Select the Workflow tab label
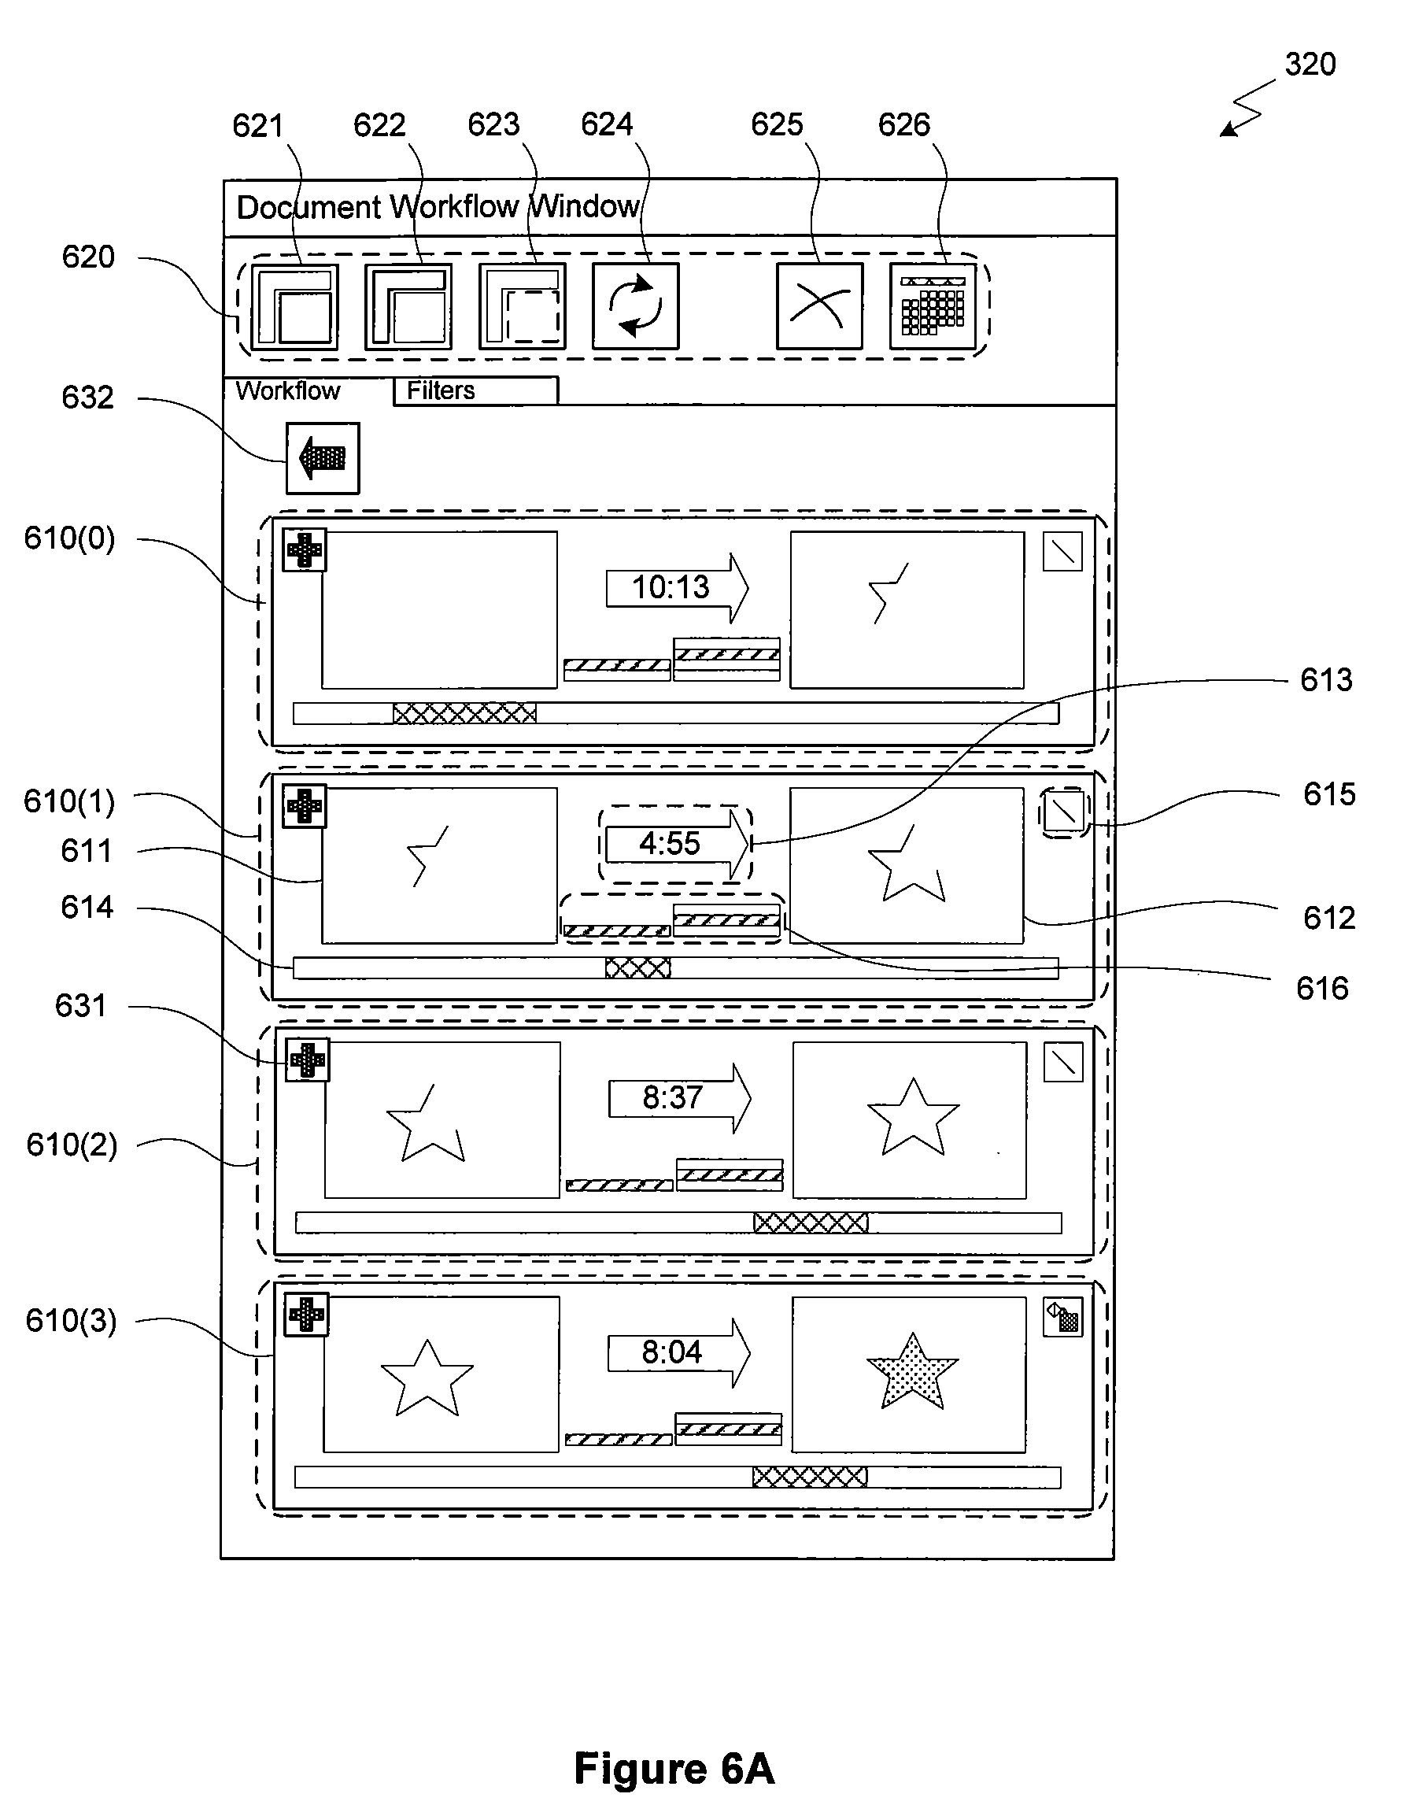click(x=288, y=390)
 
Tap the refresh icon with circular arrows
click(x=635, y=306)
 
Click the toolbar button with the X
click(x=819, y=306)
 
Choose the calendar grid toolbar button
click(x=933, y=306)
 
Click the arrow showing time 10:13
click(x=677, y=588)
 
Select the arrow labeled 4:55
click(x=677, y=844)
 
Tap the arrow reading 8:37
click(x=679, y=1098)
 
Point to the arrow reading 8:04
click(x=678, y=1353)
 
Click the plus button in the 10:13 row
click(x=305, y=549)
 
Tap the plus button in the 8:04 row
click(x=306, y=1315)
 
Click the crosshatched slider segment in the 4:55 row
click(x=637, y=968)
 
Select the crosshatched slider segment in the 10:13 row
click(x=465, y=713)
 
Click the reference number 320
click(x=1310, y=65)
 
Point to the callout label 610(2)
click(x=72, y=1145)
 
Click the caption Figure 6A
click(x=674, y=1769)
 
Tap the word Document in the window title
click(x=308, y=207)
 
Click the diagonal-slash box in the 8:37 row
click(x=1062, y=1062)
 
